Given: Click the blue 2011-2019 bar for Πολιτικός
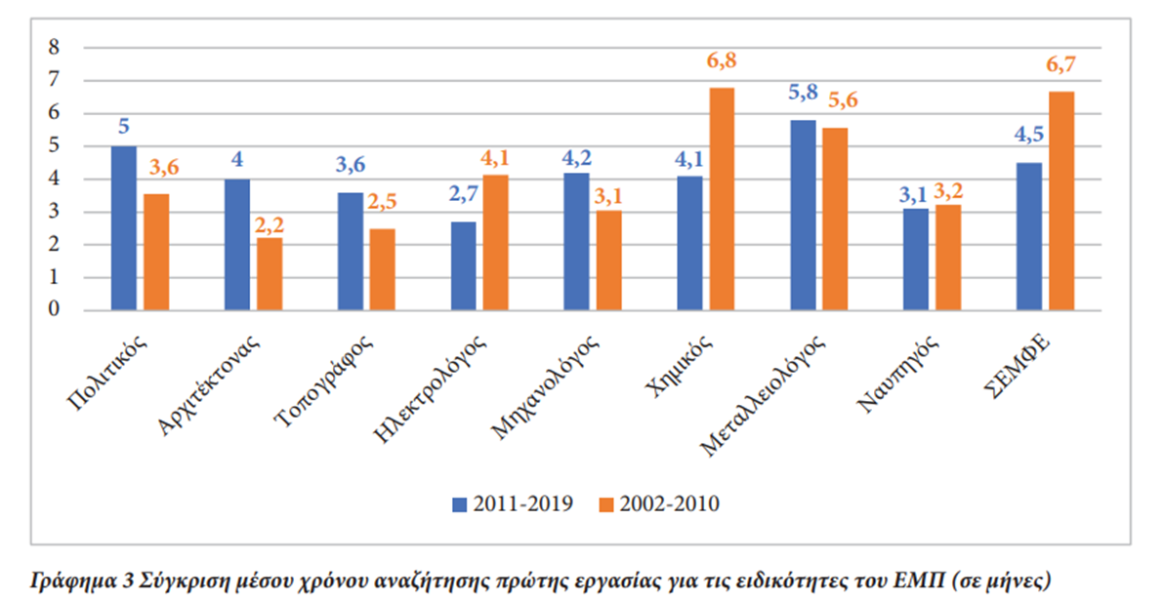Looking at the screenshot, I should [124, 228].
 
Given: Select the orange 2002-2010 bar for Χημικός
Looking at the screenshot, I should [722, 199].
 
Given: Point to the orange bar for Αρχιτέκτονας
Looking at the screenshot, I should [269, 274].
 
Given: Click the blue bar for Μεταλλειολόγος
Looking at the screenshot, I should [803, 216].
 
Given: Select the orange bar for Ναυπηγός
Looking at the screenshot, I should [947, 258].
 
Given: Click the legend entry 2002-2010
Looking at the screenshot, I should [659, 503].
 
